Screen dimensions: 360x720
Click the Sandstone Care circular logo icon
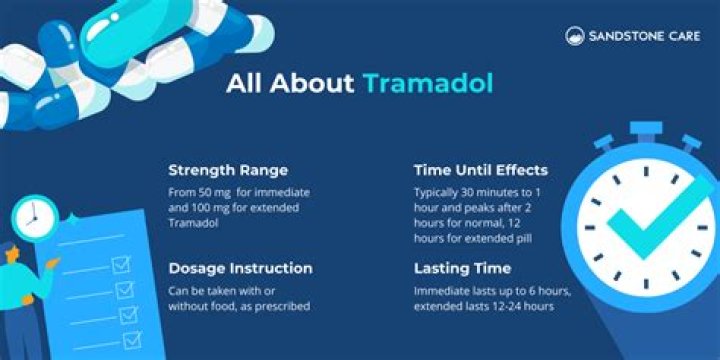[575, 36]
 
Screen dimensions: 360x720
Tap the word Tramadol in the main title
[429, 82]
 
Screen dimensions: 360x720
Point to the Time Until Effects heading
[481, 169]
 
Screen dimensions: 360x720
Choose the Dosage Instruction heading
[240, 268]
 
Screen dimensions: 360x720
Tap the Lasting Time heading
[463, 268]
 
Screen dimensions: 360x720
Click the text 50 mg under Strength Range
[215, 189]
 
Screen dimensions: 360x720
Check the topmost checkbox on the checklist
[121, 266]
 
